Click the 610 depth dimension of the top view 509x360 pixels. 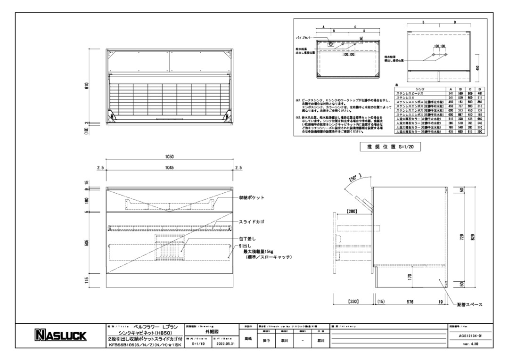tap(87, 86)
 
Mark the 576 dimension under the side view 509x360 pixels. tap(410, 300)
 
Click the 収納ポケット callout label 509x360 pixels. tap(251, 197)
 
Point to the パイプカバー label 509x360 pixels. tap(302, 36)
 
